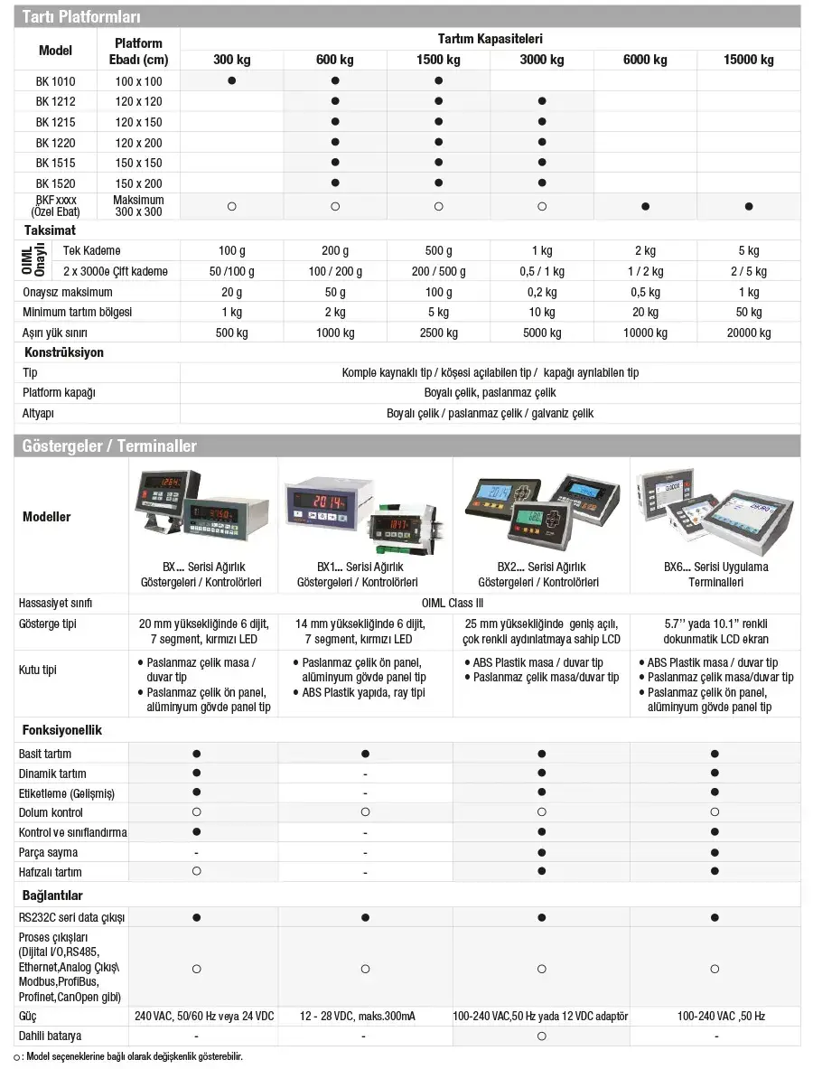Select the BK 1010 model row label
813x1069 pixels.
(55, 80)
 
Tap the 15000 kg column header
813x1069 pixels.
(748, 60)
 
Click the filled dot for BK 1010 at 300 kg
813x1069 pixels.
(232, 80)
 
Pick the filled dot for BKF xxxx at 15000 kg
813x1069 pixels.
(748, 206)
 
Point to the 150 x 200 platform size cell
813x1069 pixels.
(138, 183)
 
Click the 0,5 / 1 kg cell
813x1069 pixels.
(542, 271)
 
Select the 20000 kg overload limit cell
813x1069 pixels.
(748, 333)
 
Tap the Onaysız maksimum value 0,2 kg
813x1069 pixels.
(542, 292)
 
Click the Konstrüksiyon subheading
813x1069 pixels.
(63, 352)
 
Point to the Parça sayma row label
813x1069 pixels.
(48, 852)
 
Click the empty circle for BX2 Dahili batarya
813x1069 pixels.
(542, 1036)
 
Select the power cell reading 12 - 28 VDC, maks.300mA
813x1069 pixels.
(365, 1016)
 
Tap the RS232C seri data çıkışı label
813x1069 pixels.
(71, 917)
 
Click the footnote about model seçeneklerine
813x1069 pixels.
(131, 1056)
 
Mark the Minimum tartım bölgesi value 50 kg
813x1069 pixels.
(748, 312)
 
